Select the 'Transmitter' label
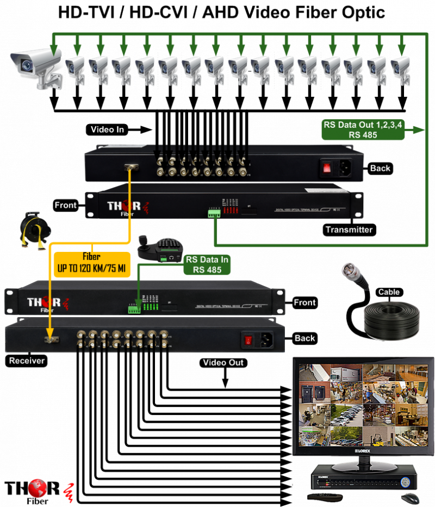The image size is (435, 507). click(349, 230)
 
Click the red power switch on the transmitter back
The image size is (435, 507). click(327, 168)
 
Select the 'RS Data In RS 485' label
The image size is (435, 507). click(207, 264)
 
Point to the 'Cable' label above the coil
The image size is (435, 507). click(388, 292)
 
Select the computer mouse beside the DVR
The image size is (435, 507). click(410, 498)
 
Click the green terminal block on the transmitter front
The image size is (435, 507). click(212, 214)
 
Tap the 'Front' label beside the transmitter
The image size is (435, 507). click(65, 205)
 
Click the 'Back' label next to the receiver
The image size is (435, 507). click(304, 338)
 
